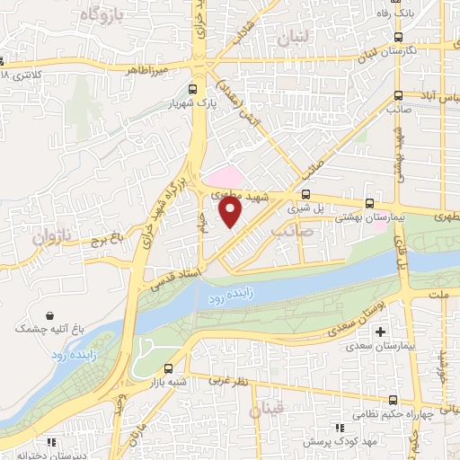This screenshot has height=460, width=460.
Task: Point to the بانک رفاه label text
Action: click(x=428, y=12)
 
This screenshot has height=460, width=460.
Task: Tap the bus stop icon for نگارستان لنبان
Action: click(x=398, y=38)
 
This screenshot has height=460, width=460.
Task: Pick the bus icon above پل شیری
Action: click(x=305, y=193)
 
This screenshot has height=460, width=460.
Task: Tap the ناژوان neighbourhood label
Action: click(x=52, y=239)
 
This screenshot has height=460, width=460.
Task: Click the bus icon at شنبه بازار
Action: click(x=169, y=367)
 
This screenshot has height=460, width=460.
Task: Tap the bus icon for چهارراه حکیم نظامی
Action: click(x=394, y=399)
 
